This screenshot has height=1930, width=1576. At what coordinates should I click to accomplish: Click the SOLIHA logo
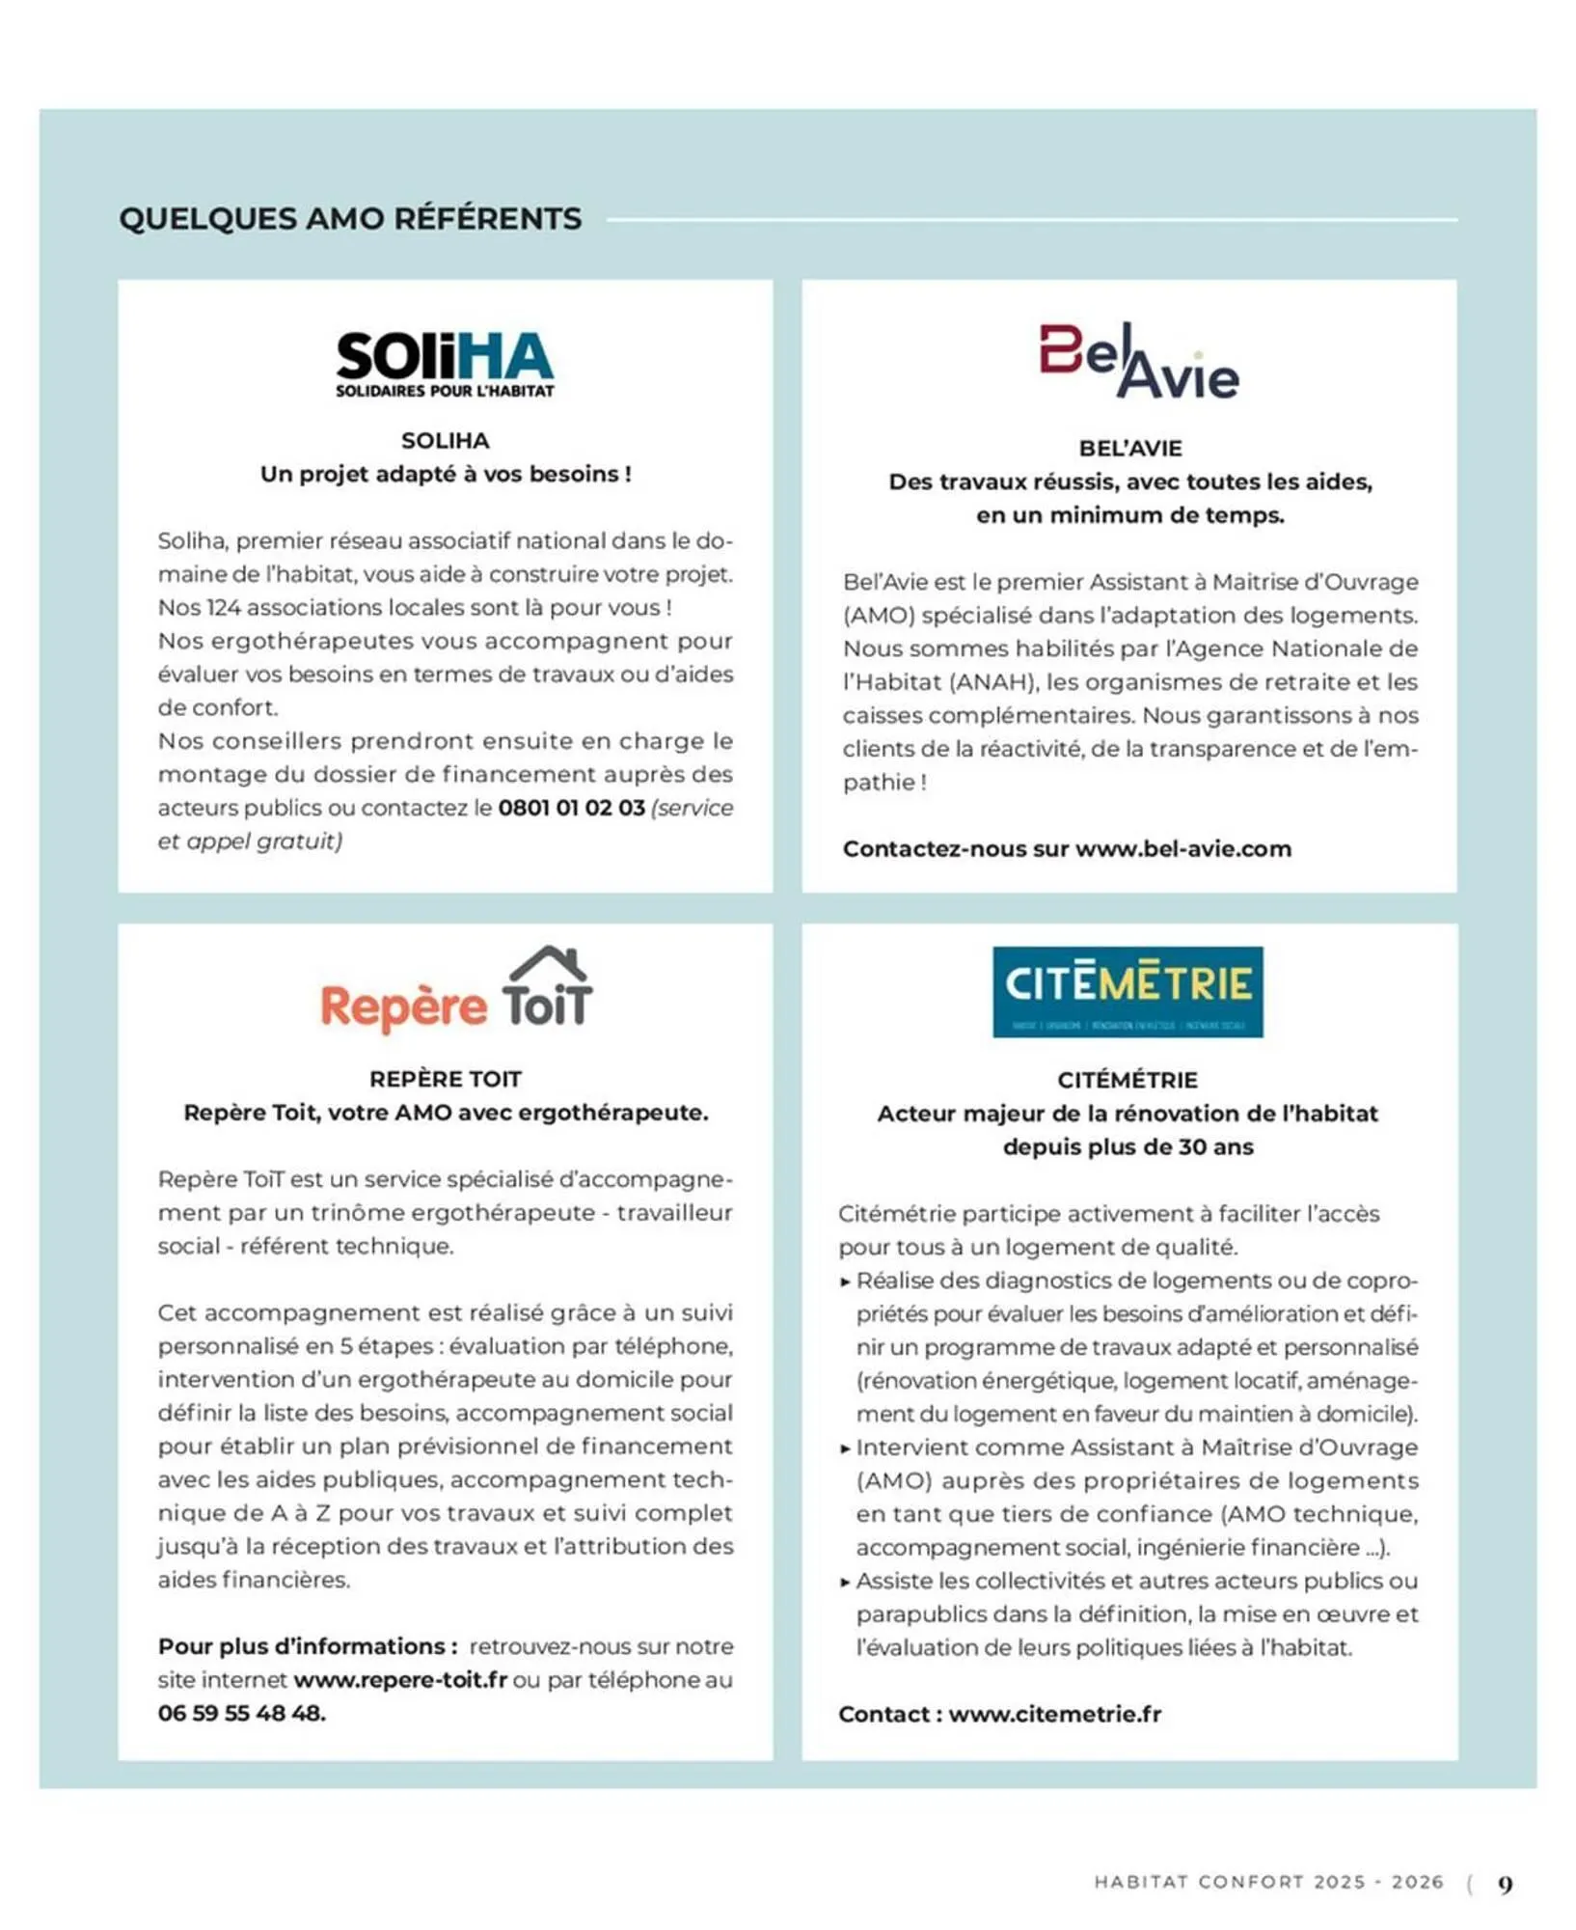click(445, 364)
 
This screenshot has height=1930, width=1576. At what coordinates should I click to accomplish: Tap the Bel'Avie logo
click(1138, 362)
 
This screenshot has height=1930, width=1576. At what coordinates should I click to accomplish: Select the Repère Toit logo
click(456, 992)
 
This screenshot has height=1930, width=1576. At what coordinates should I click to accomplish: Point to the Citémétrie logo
click(1128, 991)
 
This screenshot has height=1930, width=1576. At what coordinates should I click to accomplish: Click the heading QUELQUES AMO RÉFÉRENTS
click(350, 219)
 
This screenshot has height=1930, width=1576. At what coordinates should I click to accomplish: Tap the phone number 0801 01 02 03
click(571, 808)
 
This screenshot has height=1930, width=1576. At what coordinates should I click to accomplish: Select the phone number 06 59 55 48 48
click(241, 1713)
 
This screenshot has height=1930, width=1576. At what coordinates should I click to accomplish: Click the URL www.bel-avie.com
click(1182, 849)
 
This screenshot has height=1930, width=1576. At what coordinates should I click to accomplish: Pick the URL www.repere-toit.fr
click(400, 1680)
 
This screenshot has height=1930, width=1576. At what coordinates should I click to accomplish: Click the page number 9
click(1505, 1884)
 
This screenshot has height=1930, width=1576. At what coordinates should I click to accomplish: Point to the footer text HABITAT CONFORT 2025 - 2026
click(1268, 1882)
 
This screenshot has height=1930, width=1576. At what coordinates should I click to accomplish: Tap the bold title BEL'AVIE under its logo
click(1129, 449)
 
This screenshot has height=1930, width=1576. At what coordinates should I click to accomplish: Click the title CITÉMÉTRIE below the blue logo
click(1128, 1080)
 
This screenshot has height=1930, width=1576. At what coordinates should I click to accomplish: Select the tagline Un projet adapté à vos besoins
click(445, 475)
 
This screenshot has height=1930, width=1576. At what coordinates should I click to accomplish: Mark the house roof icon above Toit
click(549, 962)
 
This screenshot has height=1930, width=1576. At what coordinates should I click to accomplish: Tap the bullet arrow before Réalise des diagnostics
click(845, 1282)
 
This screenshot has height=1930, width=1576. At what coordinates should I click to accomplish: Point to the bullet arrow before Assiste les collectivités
click(845, 1582)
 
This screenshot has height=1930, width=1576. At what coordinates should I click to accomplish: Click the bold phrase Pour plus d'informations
click(307, 1646)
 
